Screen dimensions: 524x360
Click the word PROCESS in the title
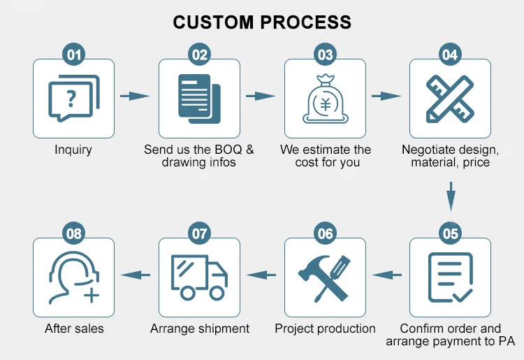(x=305, y=22)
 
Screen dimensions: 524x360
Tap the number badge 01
(x=73, y=55)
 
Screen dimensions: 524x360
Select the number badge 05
(x=450, y=233)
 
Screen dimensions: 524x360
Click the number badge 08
(x=73, y=233)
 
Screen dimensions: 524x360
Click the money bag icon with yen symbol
(x=325, y=99)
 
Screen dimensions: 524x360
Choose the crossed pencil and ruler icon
(x=450, y=99)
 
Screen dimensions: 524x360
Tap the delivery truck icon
(x=200, y=277)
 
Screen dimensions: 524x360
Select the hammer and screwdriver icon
(x=325, y=278)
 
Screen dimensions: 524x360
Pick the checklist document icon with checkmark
(x=450, y=278)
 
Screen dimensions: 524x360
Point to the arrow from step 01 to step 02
(x=135, y=96)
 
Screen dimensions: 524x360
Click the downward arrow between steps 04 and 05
(x=451, y=196)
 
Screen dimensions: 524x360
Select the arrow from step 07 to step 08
(x=137, y=275)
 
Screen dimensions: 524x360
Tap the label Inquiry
(x=73, y=150)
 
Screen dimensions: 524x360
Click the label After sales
(x=73, y=329)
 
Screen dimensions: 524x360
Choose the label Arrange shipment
(x=200, y=329)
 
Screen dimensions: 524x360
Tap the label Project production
(x=325, y=329)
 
